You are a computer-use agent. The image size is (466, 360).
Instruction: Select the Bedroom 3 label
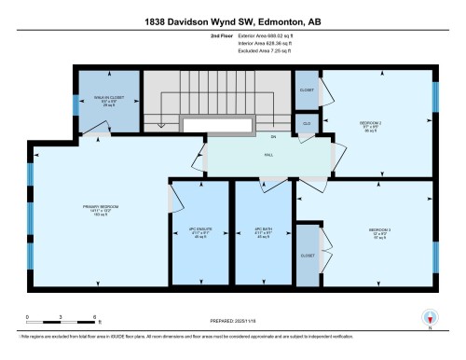[379, 229]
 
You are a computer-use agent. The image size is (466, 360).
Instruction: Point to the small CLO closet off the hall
[307, 122]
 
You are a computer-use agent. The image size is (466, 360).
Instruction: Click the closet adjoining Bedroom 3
[308, 254]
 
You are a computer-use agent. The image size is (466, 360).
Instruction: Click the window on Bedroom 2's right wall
[434, 95]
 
